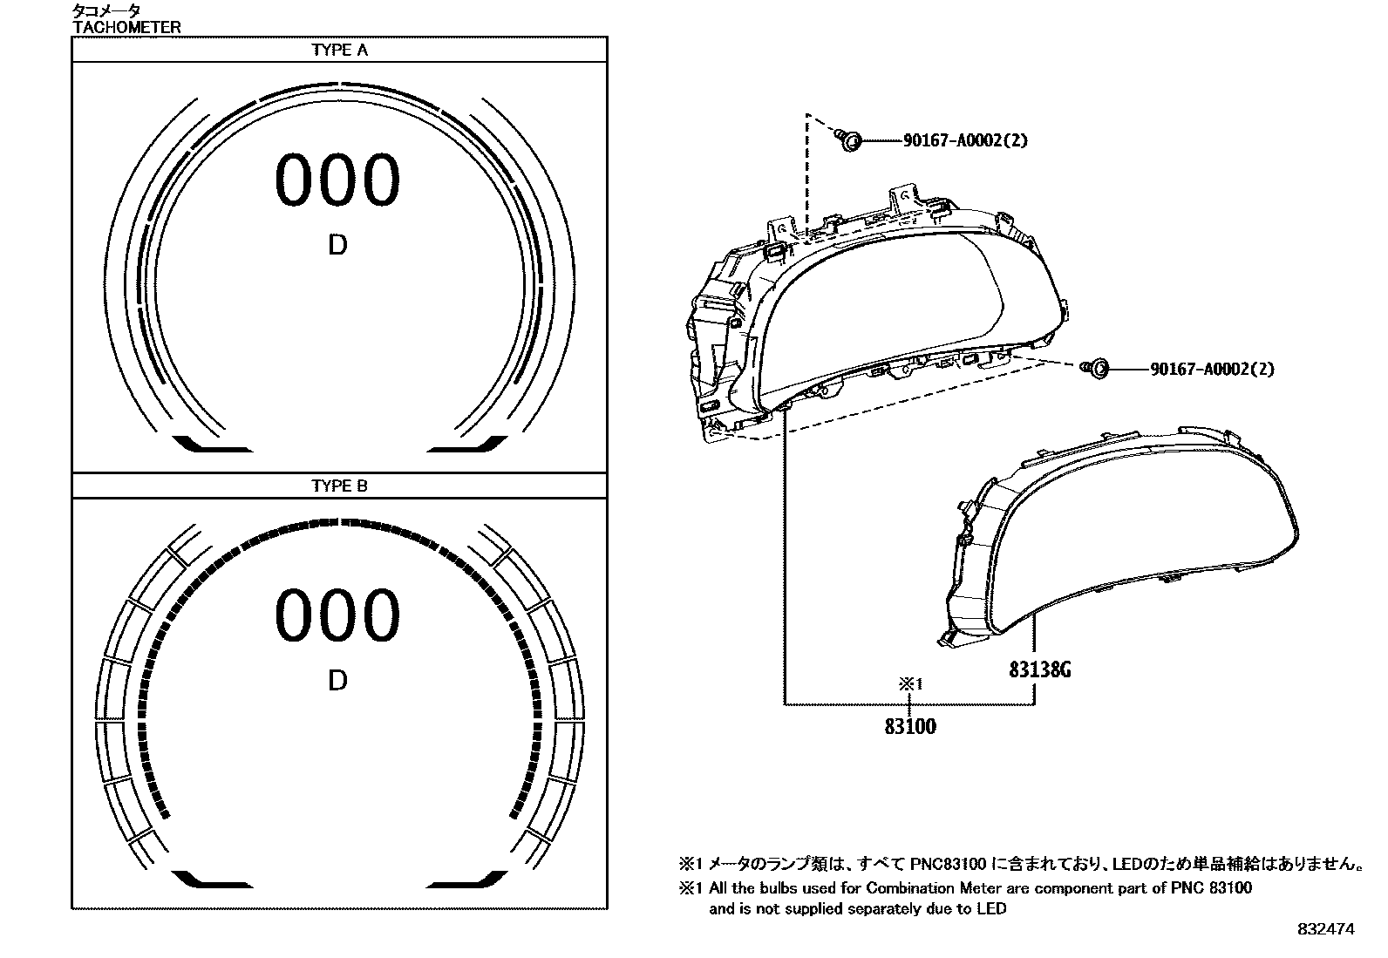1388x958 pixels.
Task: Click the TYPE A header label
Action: (339, 50)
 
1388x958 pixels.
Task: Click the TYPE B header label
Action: (339, 486)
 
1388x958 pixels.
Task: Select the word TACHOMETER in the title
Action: (127, 27)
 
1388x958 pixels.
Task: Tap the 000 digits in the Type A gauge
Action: (337, 180)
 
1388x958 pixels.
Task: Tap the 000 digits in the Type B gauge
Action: (337, 616)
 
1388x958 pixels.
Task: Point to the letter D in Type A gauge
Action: (337, 246)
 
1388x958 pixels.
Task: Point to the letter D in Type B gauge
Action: (337, 681)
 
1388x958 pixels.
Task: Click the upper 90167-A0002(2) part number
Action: (965, 140)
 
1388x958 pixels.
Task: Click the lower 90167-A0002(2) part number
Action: (1213, 370)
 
